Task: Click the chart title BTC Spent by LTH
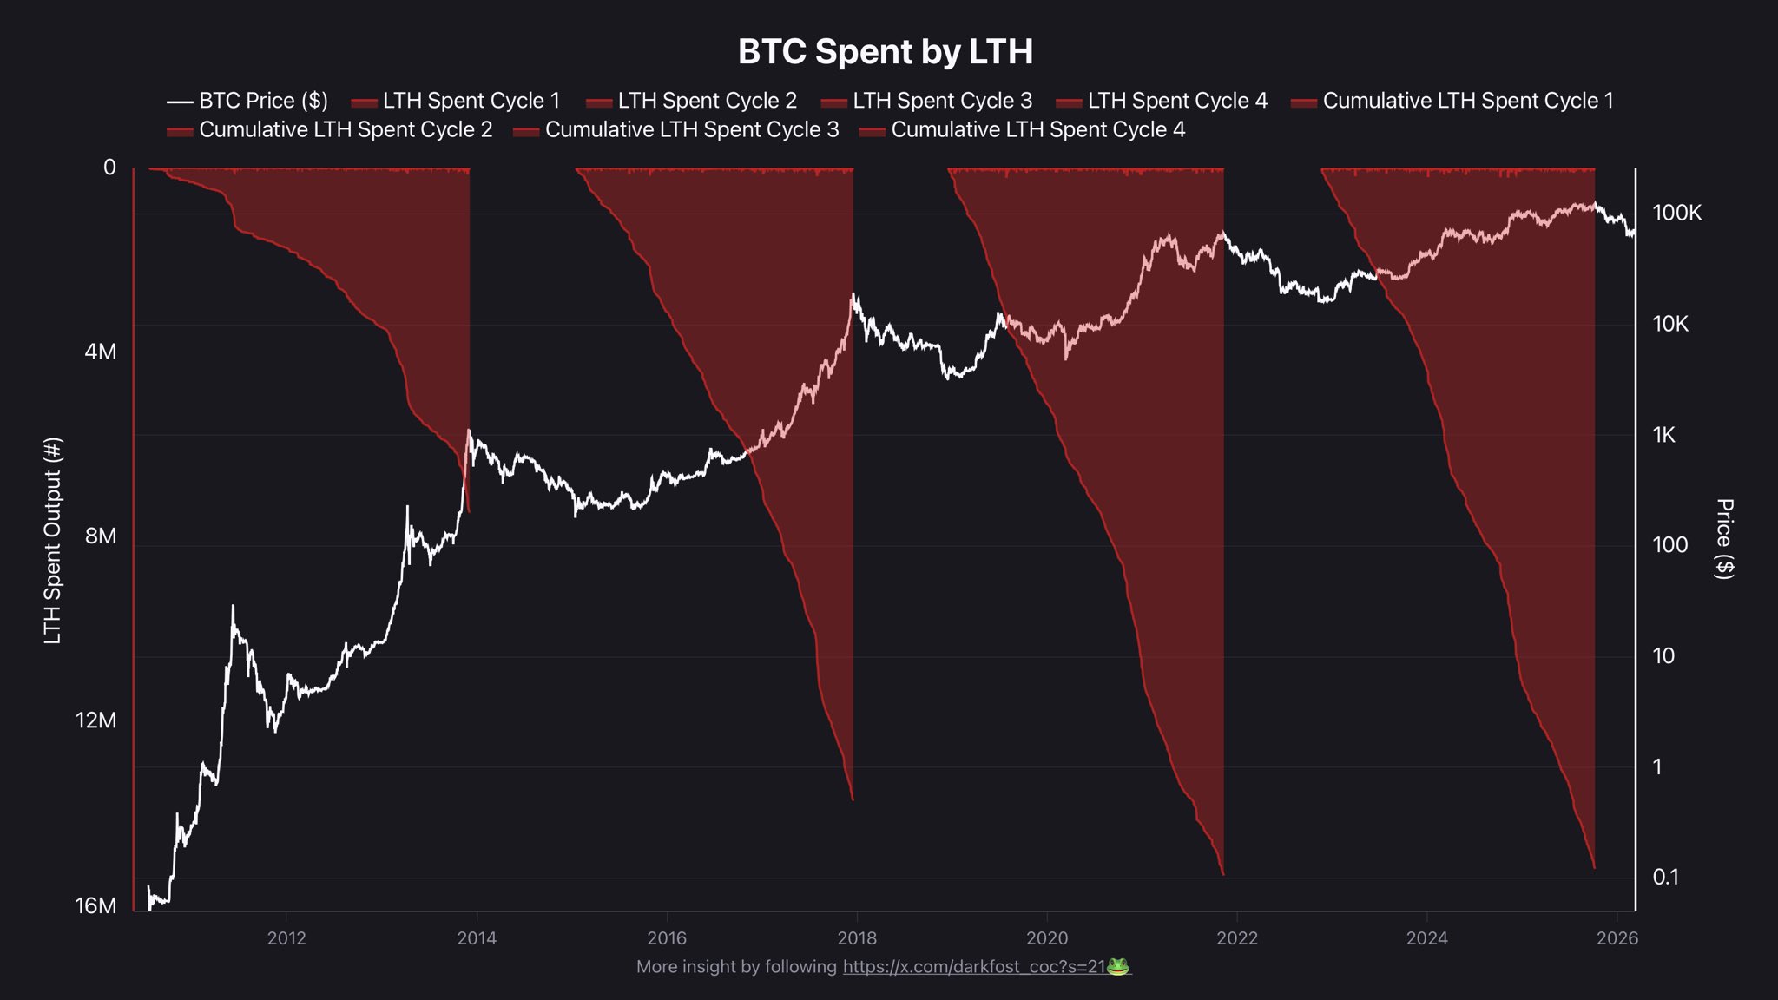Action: pos(885,52)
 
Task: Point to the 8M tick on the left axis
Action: pos(101,536)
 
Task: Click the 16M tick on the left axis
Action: pos(95,905)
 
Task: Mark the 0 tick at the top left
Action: pos(109,167)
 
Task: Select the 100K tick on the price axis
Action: pos(1676,213)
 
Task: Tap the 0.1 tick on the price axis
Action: pos(1665,877)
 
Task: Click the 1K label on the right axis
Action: pos(1663,435)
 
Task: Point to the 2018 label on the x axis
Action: pos(857,938)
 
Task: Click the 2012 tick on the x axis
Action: pos(286,938)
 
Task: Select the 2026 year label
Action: pos(1617,938)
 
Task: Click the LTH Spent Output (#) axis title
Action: pos(53,540)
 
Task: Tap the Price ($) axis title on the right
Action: pos(1724,538)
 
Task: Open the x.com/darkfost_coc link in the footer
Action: pos(973,967)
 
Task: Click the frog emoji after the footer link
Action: pos(1118,966)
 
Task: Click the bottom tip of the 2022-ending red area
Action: pos(1223,873)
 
